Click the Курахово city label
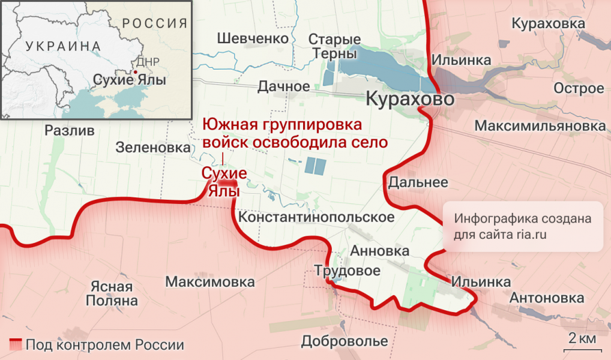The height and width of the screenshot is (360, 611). pyautogui.click(x=409, y=99)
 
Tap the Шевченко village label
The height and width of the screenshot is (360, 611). pyautogui.click(x=253, y=38)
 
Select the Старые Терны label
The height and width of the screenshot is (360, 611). pyautogui.click(x=334, y=46)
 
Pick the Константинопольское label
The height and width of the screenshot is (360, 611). pyautogui.click(x=316, y=217)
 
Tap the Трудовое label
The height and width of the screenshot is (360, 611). pyautogui.click(x=348, y=271)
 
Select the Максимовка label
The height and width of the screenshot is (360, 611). pyautogui.click(x=209, y=281)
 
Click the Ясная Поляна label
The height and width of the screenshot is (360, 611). pyautogui.click(x=112, y=293)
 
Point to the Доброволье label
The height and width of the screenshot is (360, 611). pyautogui.click(x=344, y=341)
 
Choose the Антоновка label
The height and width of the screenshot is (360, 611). pyautogui.click(x=546, y=298)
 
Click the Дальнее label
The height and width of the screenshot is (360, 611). pyautogui.click(x=418, y=182)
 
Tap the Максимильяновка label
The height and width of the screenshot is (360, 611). pyautogui.click(x=540, y=127)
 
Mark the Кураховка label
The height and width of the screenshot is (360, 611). pyautogui.click(x=548, y=23)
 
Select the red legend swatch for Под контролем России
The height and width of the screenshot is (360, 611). pyautogui.click(x=15, y=345)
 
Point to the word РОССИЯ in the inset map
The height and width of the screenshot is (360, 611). pyautogui.click(x=155, y=23)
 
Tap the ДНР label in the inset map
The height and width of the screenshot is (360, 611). pyautogui.click(x=148, y=62)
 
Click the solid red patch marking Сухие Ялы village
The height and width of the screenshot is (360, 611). pyautogui.click(x=227, y=187)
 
